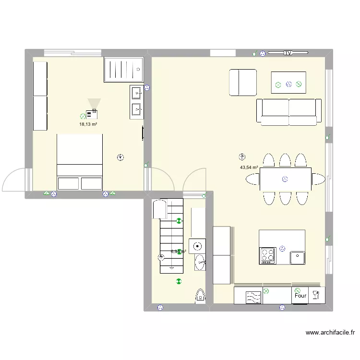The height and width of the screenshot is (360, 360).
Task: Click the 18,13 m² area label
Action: pos(88,124)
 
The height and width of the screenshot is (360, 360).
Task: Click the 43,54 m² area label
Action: pos(249,168)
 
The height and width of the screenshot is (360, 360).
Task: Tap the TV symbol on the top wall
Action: pos(288,52)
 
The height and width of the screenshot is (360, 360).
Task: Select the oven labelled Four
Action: pos(300,296)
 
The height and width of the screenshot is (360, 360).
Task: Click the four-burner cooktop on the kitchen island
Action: pos(267,255)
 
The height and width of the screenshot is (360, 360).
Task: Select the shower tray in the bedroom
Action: pos(123,70)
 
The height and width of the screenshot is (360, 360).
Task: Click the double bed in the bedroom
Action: pos(80,162)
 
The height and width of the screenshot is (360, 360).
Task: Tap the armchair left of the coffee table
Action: pos(243,83)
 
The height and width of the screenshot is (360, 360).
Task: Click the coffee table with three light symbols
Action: pos(288,82)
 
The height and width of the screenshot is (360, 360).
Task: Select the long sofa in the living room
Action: pos(288,112)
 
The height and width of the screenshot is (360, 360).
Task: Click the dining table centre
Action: pos(285,179)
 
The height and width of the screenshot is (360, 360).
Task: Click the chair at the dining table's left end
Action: pos(252,179)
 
